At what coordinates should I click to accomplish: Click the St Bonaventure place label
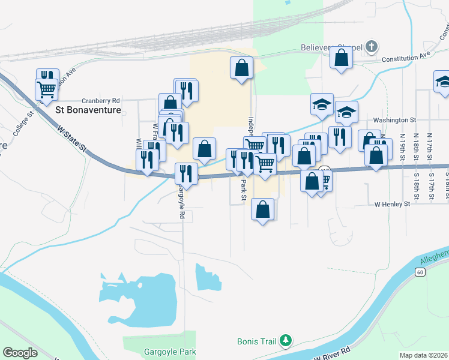88,110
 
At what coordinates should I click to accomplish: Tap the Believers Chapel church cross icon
372,46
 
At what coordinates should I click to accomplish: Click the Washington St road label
394,120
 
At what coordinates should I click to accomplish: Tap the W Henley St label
391,204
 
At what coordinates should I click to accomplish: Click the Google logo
20,353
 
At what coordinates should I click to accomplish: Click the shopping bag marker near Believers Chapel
341,58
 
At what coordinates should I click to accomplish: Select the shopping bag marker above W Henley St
262,209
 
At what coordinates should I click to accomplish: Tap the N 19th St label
401,148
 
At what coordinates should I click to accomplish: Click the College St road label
25,122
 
